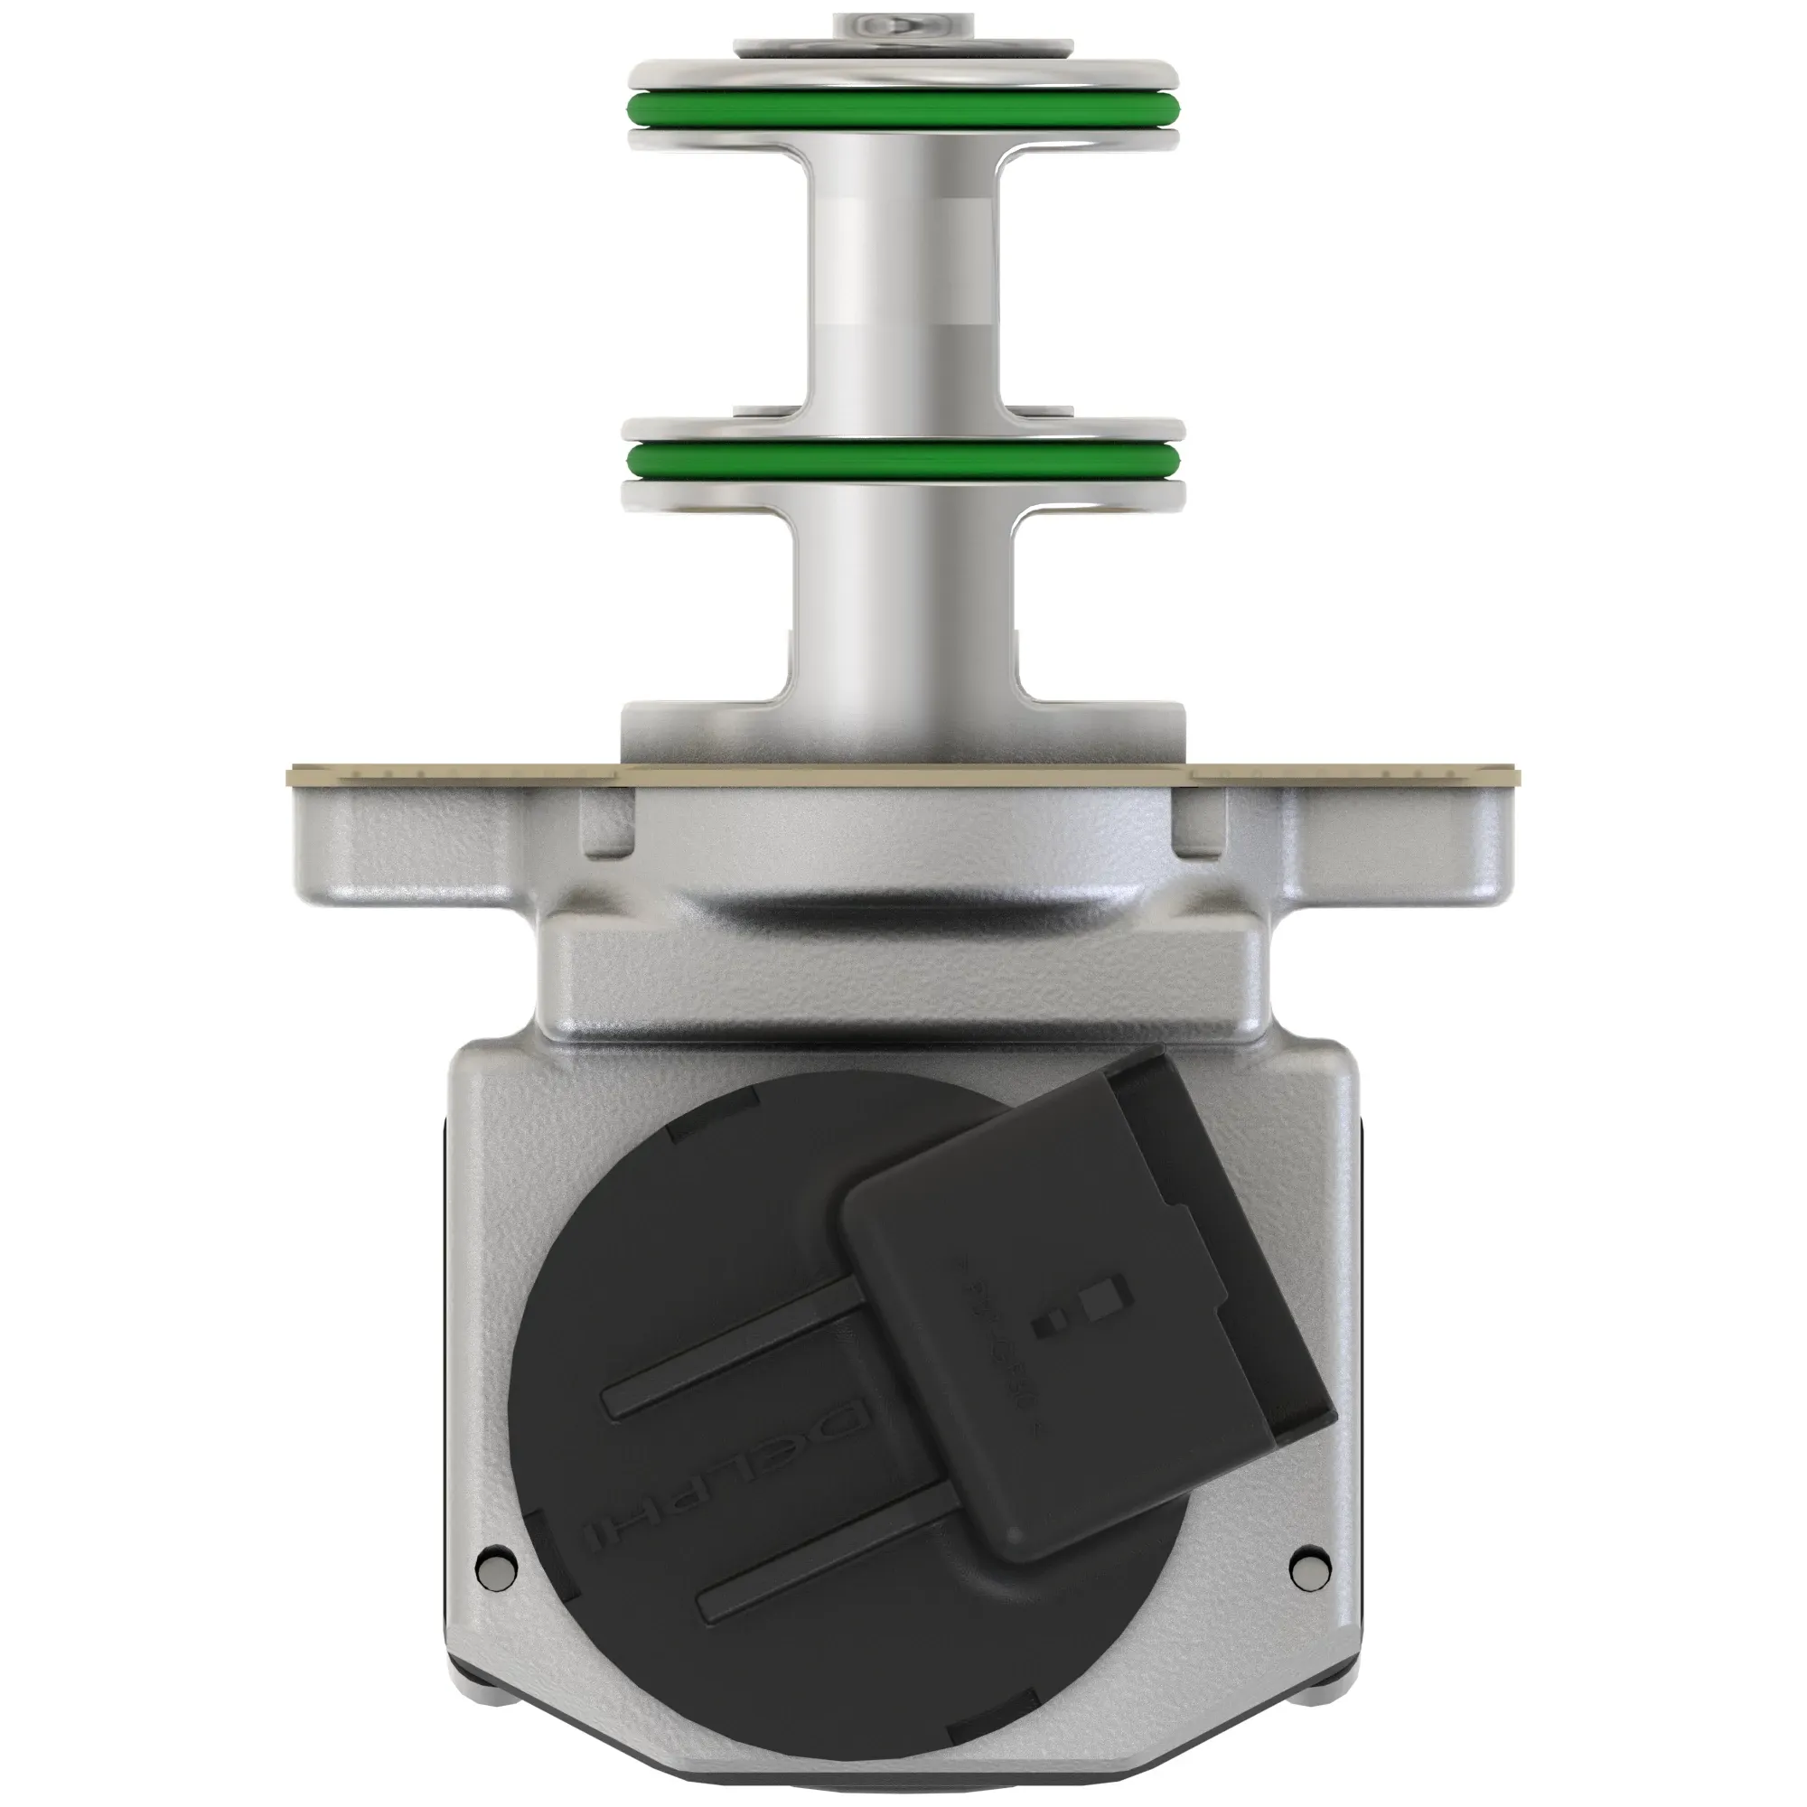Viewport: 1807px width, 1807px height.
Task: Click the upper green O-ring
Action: pos(903,110)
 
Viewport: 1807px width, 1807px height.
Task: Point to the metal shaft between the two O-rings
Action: pos(903,281)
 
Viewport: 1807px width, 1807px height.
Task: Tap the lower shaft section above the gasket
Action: pos(903,608)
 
